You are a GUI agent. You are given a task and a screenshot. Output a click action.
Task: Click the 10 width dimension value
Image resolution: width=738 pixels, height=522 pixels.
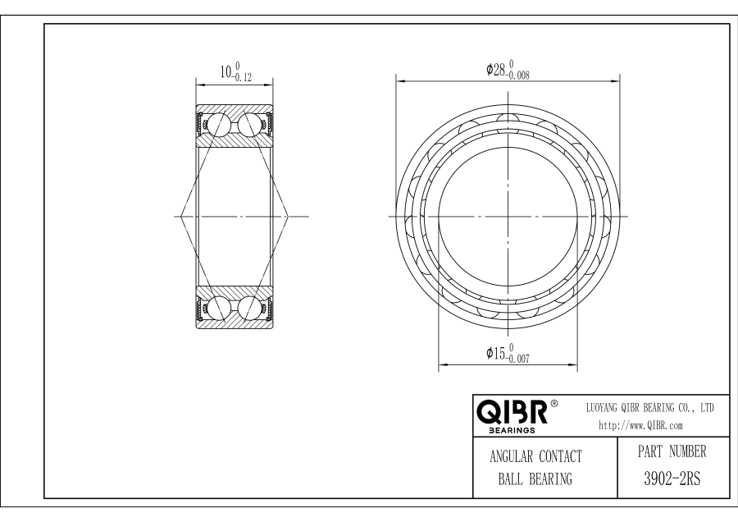point(225,72)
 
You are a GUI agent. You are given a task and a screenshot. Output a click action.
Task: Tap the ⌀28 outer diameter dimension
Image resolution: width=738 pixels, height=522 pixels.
point(508,70)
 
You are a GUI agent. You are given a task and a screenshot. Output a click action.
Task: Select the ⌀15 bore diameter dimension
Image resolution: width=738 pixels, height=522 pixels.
point(508,354)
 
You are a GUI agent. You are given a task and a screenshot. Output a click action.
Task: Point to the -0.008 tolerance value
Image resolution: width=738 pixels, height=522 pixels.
point(517,76)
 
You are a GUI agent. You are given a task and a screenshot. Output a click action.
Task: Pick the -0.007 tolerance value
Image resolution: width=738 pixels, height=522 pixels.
point(517,359)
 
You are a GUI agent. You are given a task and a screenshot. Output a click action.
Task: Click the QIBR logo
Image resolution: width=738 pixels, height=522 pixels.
point(512,412)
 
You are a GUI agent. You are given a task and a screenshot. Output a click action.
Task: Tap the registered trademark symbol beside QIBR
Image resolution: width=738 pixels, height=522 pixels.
point(554,403)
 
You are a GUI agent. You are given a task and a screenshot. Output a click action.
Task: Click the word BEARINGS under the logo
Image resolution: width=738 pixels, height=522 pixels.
point(512,430)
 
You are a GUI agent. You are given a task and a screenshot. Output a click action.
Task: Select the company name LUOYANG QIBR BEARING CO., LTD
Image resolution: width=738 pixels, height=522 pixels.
point(649,408)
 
